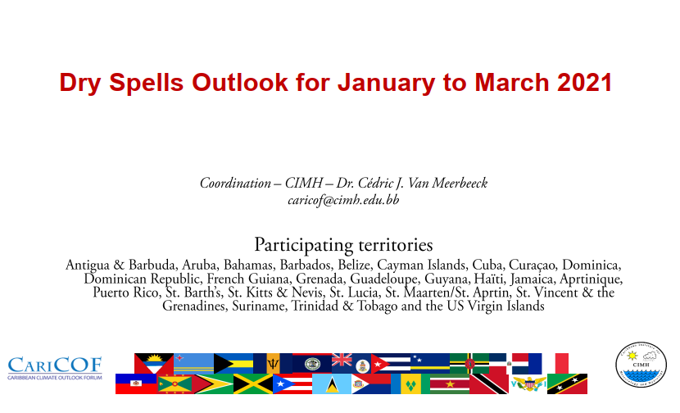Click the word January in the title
point(387,83)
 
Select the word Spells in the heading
point(147,83)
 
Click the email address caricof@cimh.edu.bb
point(343,201)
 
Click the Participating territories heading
point(343,245)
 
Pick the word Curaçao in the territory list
point(532,265)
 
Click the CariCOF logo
point(55,368)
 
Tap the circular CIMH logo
point(641,365)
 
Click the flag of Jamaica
point(253,383)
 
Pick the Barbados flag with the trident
point(273,364)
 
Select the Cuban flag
point(391,364)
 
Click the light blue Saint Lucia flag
point(332,383)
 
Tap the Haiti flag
point(136,383)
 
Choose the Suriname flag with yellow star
point(450,383)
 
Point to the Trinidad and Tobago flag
point(489,383)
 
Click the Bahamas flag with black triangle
point(233,364)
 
